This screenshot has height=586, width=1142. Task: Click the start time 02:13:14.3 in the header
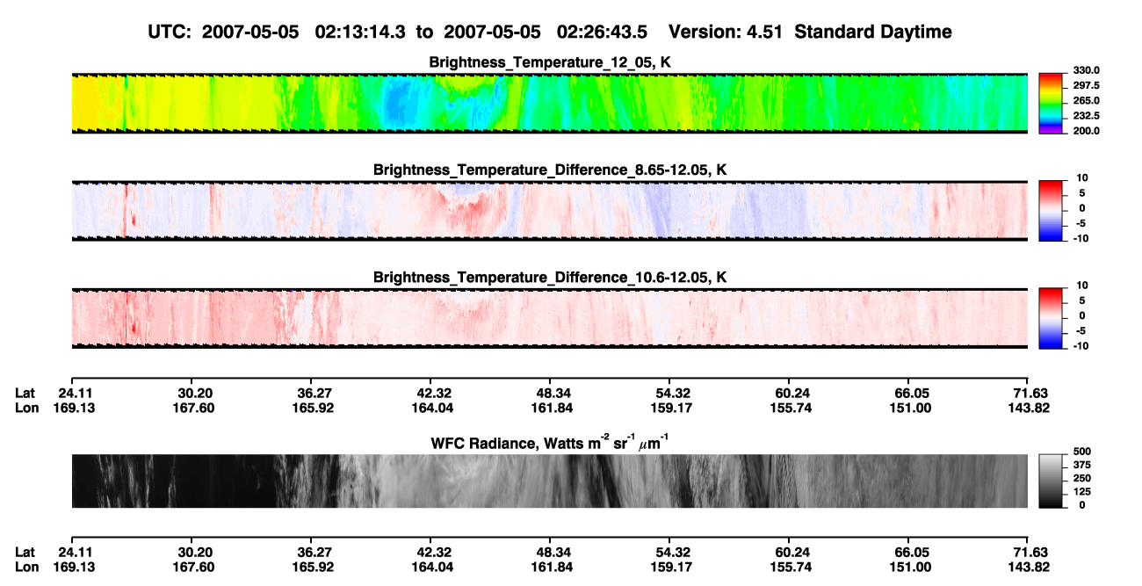[x=360, y=32]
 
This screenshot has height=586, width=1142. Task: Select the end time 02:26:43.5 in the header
[x=602, y=32]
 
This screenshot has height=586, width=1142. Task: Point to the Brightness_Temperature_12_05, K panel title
[x=550, y=62]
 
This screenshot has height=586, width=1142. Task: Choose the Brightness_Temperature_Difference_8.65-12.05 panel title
[x=550, y=170]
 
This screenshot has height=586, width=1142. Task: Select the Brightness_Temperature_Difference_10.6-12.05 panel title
[x=550, y=278]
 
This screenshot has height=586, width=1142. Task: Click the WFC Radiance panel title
[x=550, y=443]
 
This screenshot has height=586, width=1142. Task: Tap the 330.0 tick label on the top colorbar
[x=1086, y=70]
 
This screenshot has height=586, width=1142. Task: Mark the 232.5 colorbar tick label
[x=1086, y=116]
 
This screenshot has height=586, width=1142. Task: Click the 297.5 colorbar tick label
[x=1086, y=86]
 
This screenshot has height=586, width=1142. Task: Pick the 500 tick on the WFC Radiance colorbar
[x=1082, y=452]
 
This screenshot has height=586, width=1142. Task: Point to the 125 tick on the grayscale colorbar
[x=1082, y=492]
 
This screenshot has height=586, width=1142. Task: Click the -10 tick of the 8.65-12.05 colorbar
[x=1081, y=239]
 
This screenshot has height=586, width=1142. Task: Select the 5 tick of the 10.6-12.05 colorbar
[x=1082, y=300]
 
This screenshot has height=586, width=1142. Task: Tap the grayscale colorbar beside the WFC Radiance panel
[x=1051, y=481]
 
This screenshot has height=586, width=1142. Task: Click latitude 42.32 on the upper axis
[x=434, y=394]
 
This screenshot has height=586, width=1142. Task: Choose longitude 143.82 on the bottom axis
[x=1029, y=568]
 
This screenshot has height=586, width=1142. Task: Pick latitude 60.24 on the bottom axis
[x=791, y=553]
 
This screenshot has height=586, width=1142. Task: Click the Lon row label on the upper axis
[x=26, y=408]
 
